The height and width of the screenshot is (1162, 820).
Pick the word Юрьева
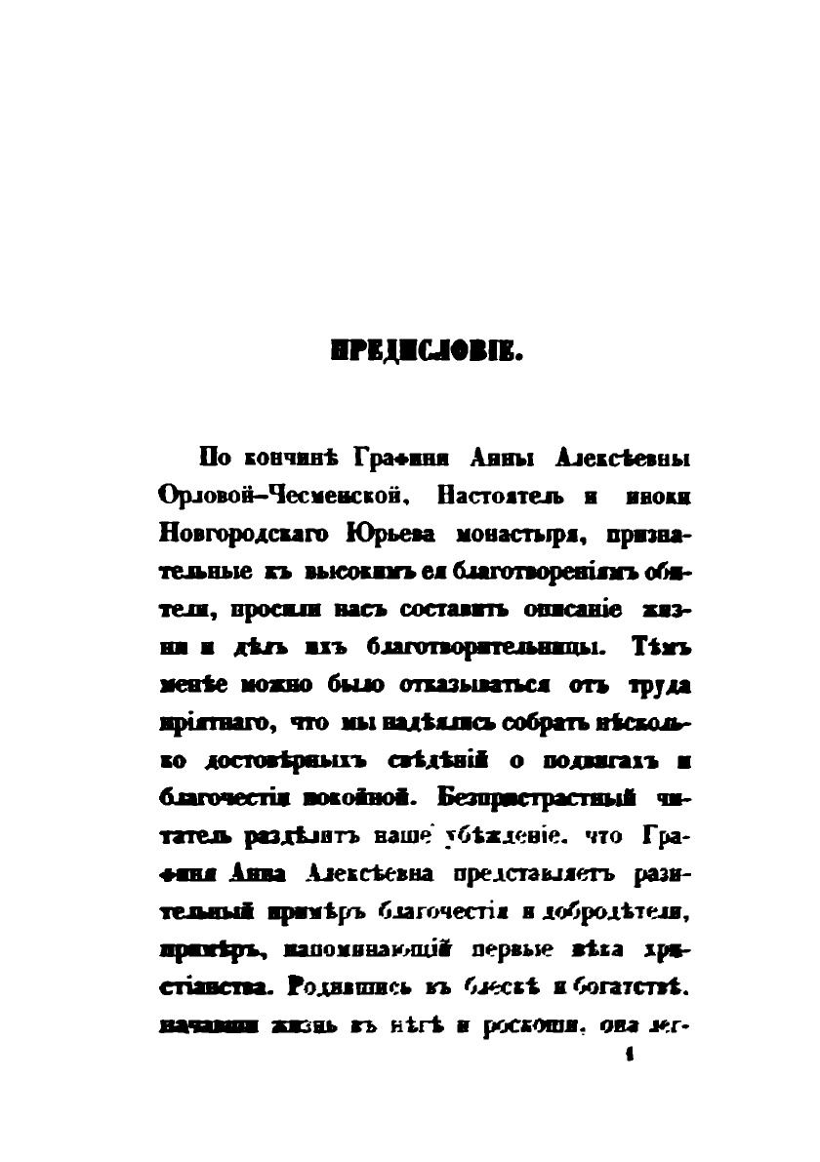pos(386,534)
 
